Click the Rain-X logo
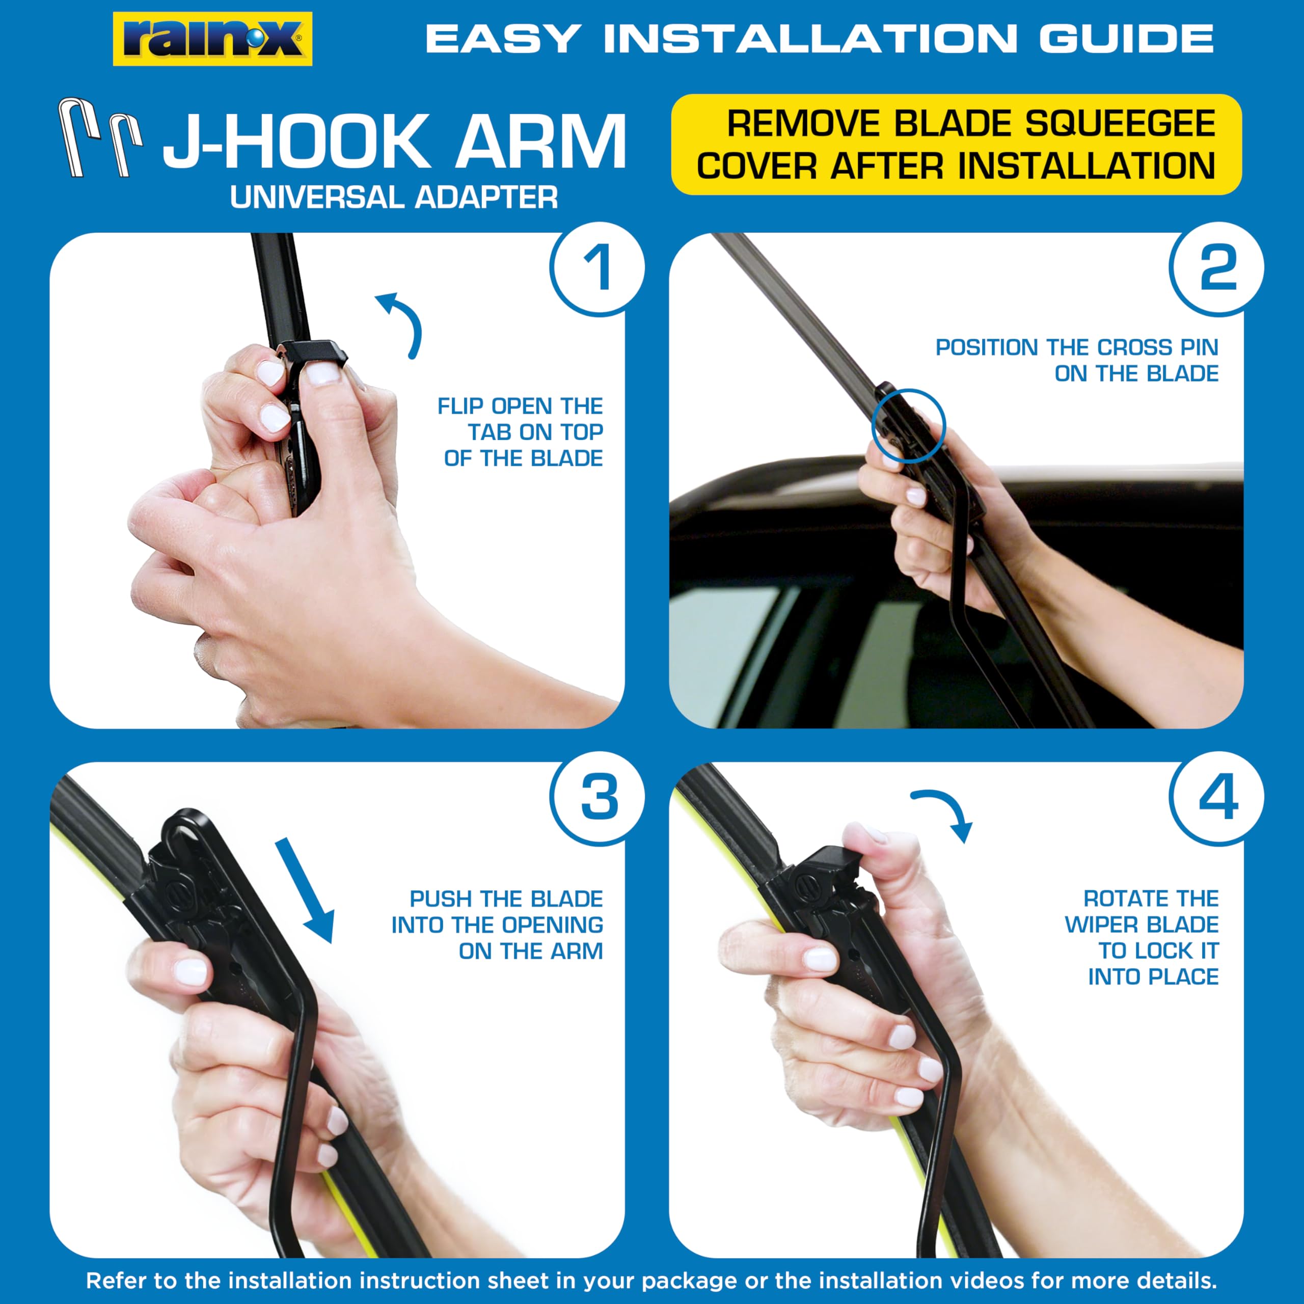click(212, 39)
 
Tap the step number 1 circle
click(597, 268)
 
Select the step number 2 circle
click(1217, 268)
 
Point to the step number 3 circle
click(597, 798)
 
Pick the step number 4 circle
click(1217, 798)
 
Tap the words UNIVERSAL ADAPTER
click(394, 198)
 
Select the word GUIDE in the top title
click(1127, 39)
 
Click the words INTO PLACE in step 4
click(1153, 976)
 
